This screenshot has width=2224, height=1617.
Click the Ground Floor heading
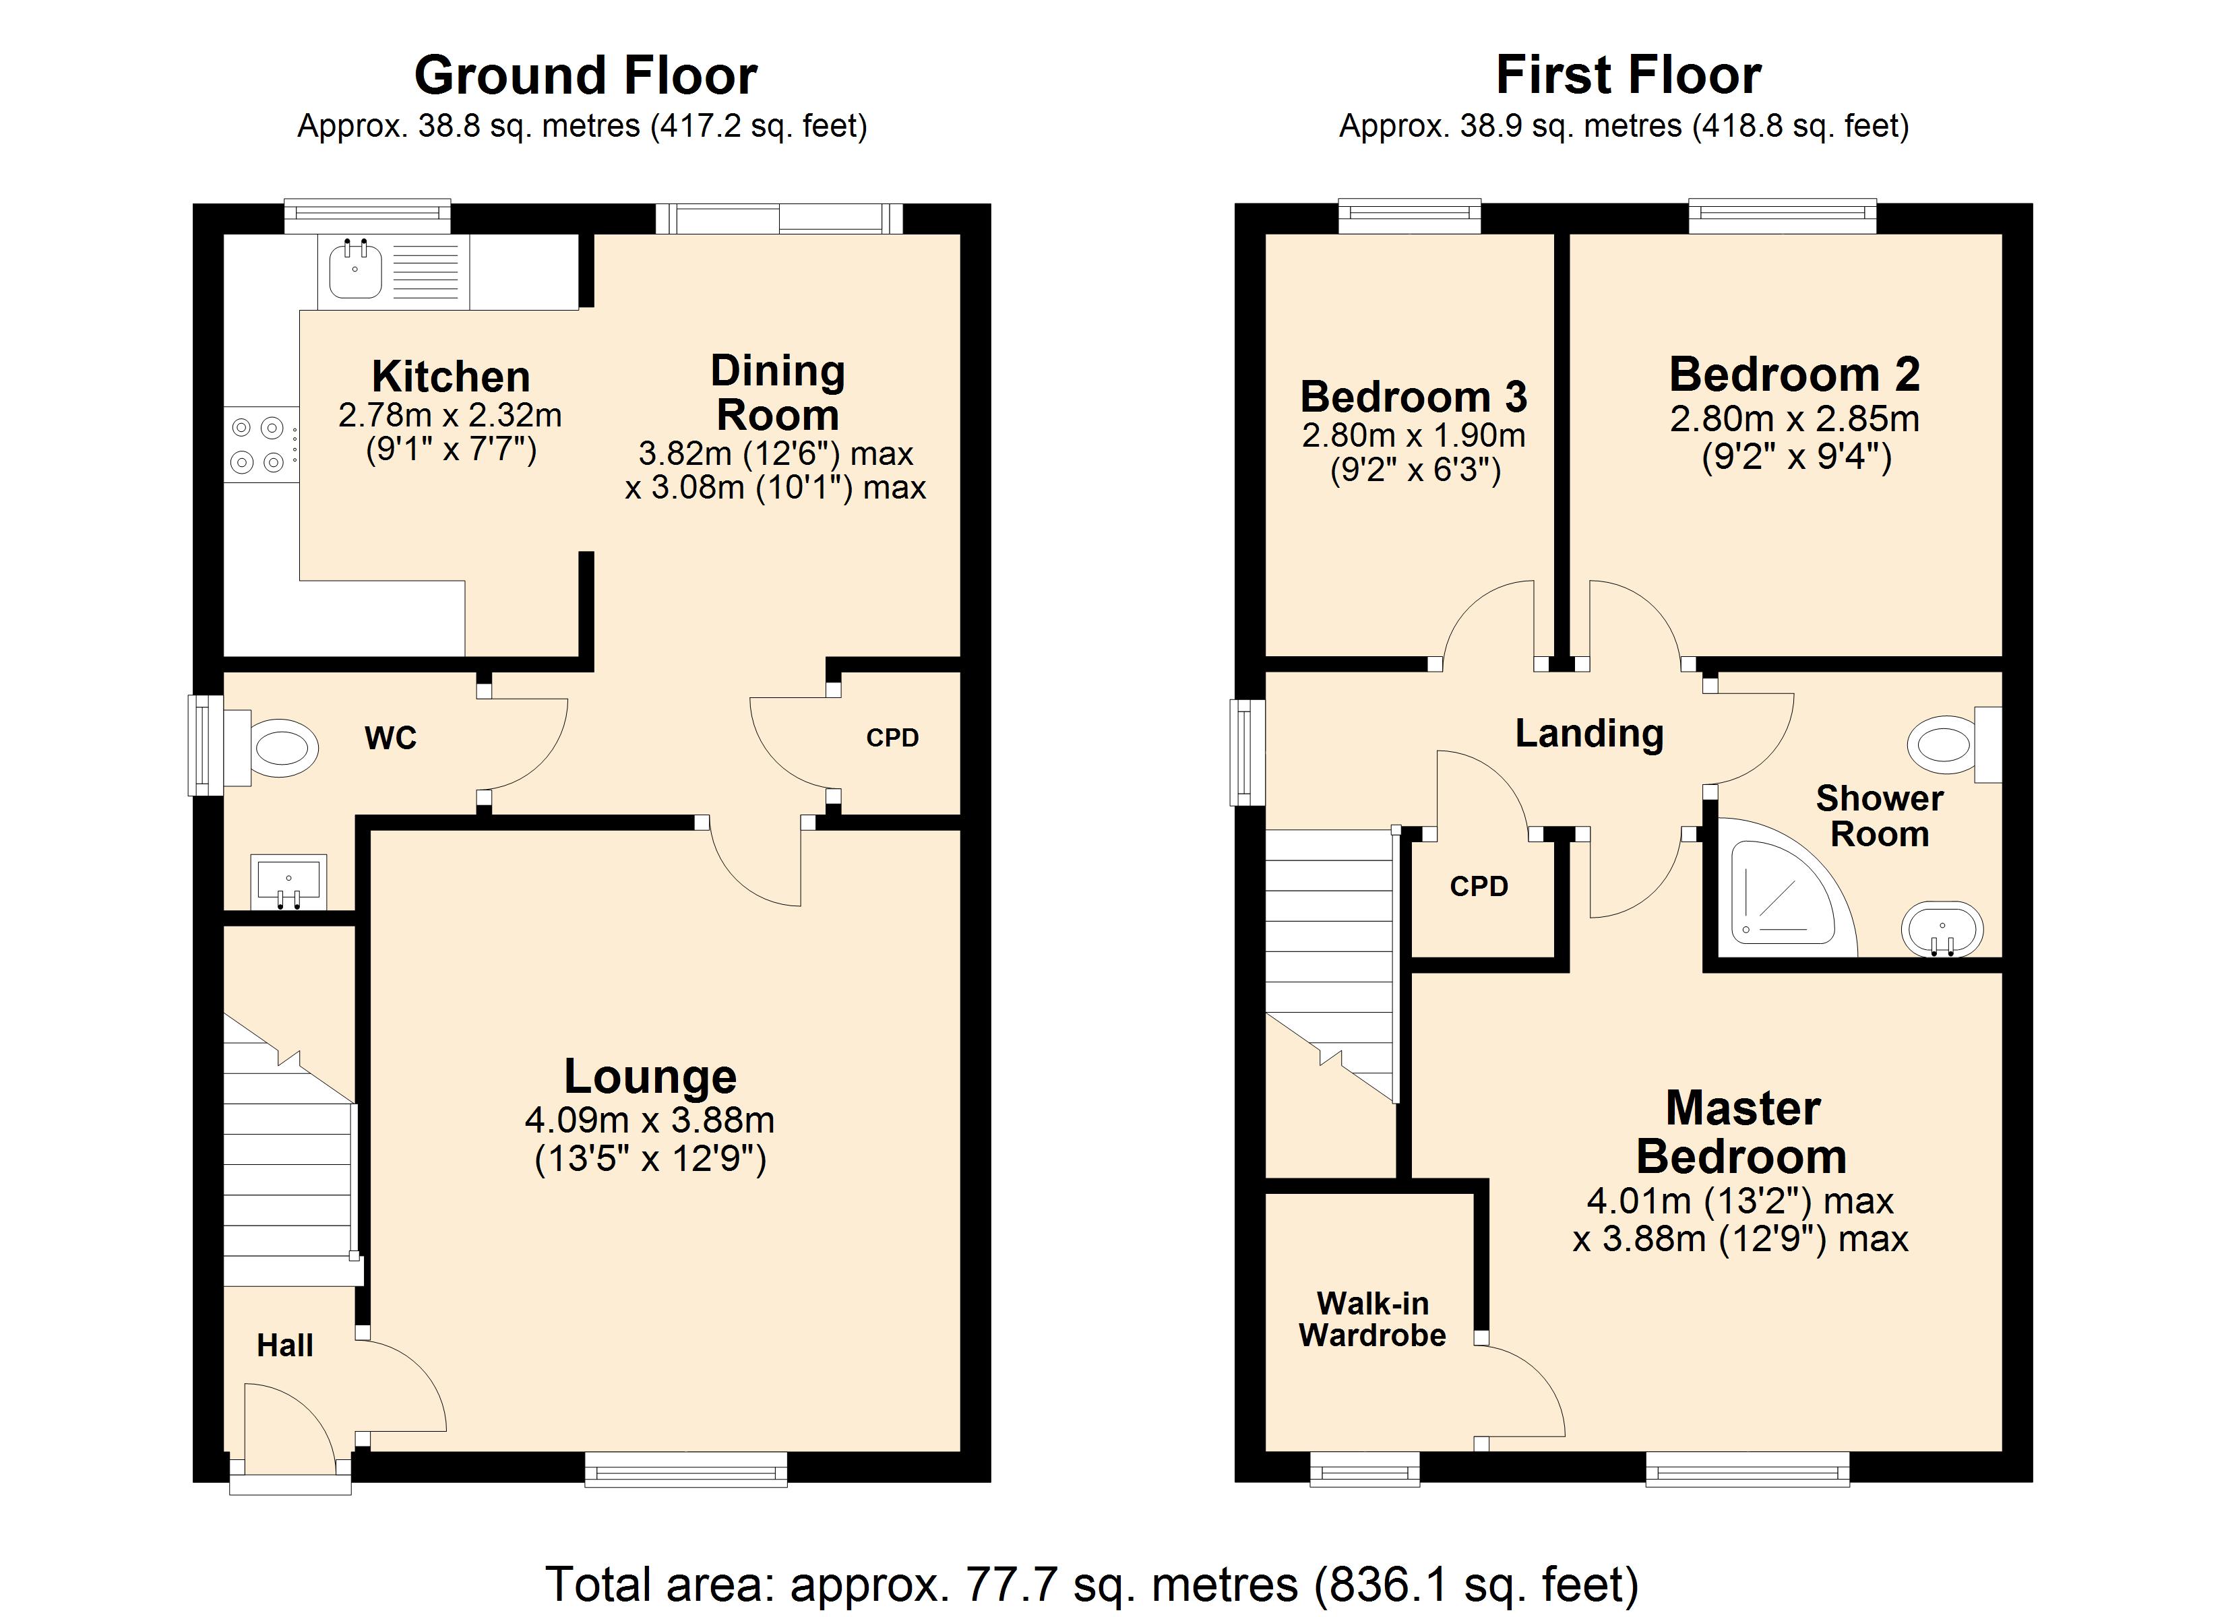(x=586, y=75)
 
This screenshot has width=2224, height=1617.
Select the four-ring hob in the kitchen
(x=259, y=444)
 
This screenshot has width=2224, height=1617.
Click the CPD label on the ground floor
(x=892, y=737)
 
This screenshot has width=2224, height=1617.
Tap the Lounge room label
(x=650, y=1076)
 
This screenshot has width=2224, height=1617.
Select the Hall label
(x=284, y=1345)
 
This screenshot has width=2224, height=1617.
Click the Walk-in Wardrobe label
(x=1372, y=1319)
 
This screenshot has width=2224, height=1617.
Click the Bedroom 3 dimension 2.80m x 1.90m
(x=1413, y=435)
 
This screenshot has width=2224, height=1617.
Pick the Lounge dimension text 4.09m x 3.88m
(x=649, y=1119)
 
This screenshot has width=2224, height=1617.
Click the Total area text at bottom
(x=1090, y=1584)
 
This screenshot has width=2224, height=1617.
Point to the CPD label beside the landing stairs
(x=1478, y=887)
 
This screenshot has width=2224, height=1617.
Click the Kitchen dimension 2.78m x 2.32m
(x=450, y=415)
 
